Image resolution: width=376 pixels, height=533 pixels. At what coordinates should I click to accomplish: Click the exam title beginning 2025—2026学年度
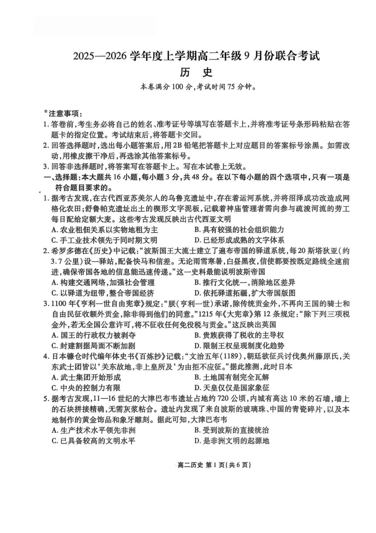pyautogui.click(x=196, y=56)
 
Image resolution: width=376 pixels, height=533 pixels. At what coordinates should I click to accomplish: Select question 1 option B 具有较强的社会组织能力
pyautogui.click(x=239, y=229)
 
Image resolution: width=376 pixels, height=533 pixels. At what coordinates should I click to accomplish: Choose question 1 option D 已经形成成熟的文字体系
pyautogui.click(x=239, y=240)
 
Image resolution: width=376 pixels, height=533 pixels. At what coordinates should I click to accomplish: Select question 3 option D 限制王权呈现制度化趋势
pyautogui.click(x=239, y=346)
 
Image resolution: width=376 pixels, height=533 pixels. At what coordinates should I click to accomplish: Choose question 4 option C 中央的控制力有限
pyautogui.click(x=86, y=388)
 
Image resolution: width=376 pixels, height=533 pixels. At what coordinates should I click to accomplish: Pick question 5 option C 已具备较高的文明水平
pyautogui.click(x=93, y=441)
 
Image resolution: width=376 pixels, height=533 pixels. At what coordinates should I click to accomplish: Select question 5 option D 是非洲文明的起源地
pyautogui.click(x=232, y=441)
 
